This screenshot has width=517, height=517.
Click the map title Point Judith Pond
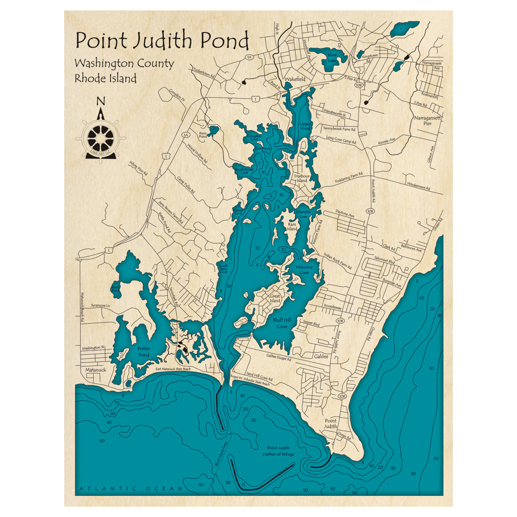[162, 40]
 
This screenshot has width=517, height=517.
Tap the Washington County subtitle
[124, 64]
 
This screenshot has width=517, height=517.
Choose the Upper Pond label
[306, 127]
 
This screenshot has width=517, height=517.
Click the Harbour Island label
[301, 178]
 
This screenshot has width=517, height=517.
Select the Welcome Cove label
[303, 269]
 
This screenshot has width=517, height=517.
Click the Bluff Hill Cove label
[282, 323]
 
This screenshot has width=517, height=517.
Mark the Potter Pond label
[144, 352]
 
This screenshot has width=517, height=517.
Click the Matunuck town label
[94, 371]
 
